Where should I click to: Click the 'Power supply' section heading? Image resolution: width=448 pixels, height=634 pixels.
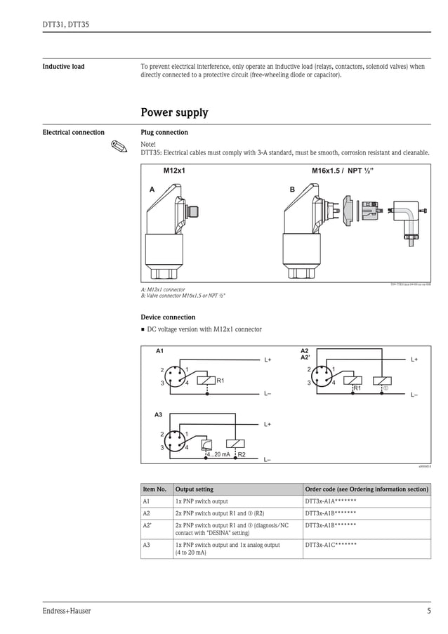click(174, 112)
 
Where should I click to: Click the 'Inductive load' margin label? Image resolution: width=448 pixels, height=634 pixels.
click(63, 67)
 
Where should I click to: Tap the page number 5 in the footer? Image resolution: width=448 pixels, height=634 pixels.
click(428, 611)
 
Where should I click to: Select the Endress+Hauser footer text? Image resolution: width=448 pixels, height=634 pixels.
click(67, 611)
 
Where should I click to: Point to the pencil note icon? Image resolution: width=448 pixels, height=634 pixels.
click(121, 147)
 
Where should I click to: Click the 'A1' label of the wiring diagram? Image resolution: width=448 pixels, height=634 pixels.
click(159, 350)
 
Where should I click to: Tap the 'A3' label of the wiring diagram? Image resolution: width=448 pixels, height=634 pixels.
click(159, 416)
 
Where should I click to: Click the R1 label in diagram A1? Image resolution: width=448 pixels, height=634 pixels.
click(220, 381)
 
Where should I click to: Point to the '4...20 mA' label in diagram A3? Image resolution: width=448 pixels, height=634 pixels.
click(218, 455)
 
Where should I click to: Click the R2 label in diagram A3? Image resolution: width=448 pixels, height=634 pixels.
click(242, 455)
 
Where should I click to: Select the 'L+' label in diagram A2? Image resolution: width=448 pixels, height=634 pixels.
click(414, 359)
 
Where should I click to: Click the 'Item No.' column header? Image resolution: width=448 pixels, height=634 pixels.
click(154, 489)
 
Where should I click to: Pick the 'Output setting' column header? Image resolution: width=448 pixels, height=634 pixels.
click(194, 489)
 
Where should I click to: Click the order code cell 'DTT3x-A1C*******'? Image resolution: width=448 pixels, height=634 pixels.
click(331, 545)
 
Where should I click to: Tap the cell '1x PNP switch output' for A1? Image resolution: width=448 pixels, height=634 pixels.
click(202, 502)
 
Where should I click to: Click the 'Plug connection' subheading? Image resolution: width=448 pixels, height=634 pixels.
click(164, 132)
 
